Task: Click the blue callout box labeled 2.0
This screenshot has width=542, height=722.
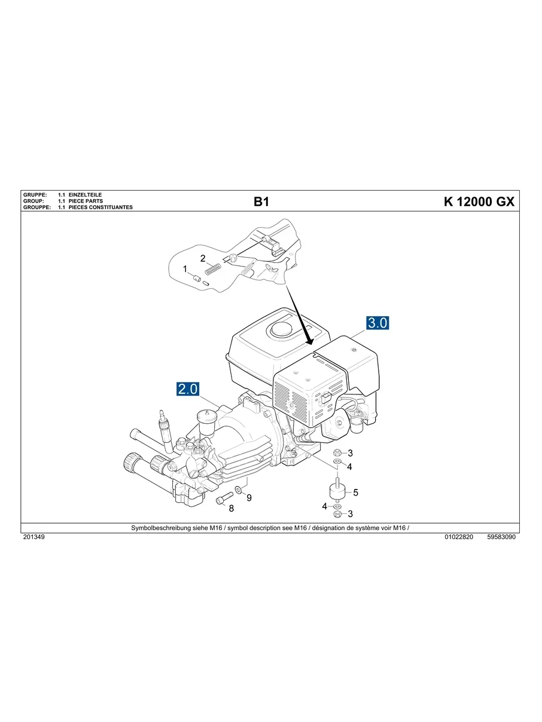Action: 187,389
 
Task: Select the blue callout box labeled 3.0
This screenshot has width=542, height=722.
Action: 377,323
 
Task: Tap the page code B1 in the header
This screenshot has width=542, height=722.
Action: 261,202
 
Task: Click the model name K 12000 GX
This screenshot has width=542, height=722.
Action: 479,202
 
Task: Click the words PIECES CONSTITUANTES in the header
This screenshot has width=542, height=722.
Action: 100,207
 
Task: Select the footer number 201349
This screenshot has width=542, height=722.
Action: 33,537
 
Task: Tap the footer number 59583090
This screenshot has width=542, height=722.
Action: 501,537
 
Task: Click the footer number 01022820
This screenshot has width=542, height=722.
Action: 459,537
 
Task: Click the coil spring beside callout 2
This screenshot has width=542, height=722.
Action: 213,270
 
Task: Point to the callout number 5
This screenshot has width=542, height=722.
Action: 355,492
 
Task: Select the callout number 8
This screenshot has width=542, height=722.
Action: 231,509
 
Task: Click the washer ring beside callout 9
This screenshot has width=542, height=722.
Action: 239,490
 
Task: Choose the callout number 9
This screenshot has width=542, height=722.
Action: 249,498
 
